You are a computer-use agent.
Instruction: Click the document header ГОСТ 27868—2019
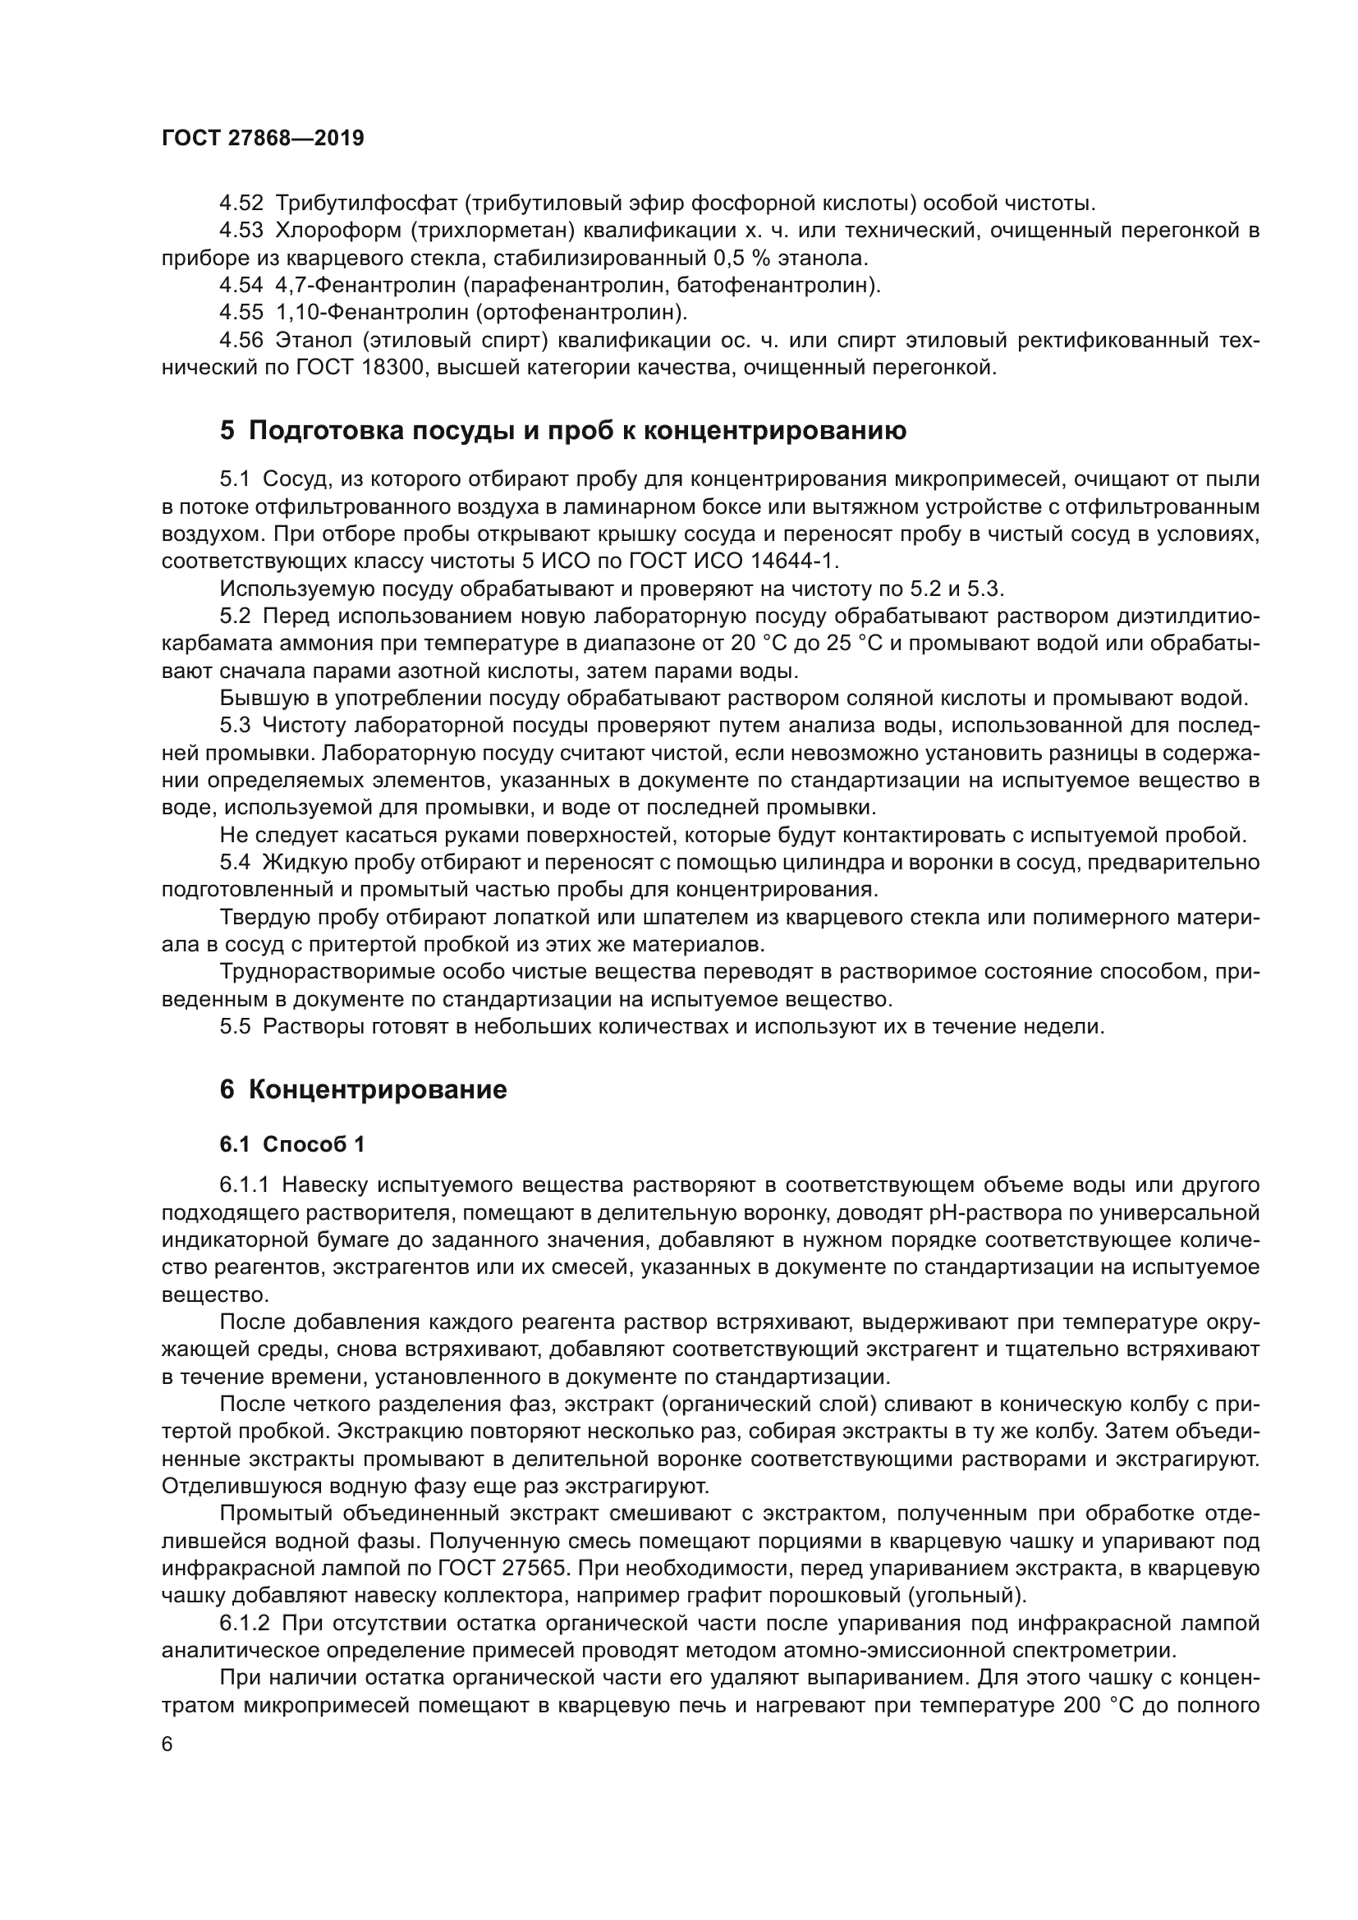coord(263,139)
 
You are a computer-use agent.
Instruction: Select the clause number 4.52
coord(241,204)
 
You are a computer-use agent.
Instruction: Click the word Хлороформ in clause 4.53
coord(338,231)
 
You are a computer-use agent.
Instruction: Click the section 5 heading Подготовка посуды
coord(562,432)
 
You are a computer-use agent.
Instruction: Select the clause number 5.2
coord(235,616)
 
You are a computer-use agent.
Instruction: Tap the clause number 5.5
coord(235,1026)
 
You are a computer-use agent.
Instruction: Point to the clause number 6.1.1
coord(245,1185)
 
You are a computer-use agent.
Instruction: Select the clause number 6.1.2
coord(245,1623)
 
